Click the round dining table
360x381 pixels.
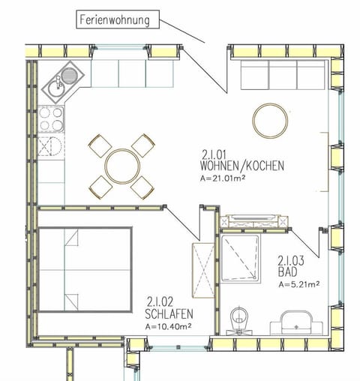121,165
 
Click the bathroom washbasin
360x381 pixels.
298,323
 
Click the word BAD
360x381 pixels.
286,271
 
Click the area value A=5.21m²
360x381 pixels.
298,284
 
